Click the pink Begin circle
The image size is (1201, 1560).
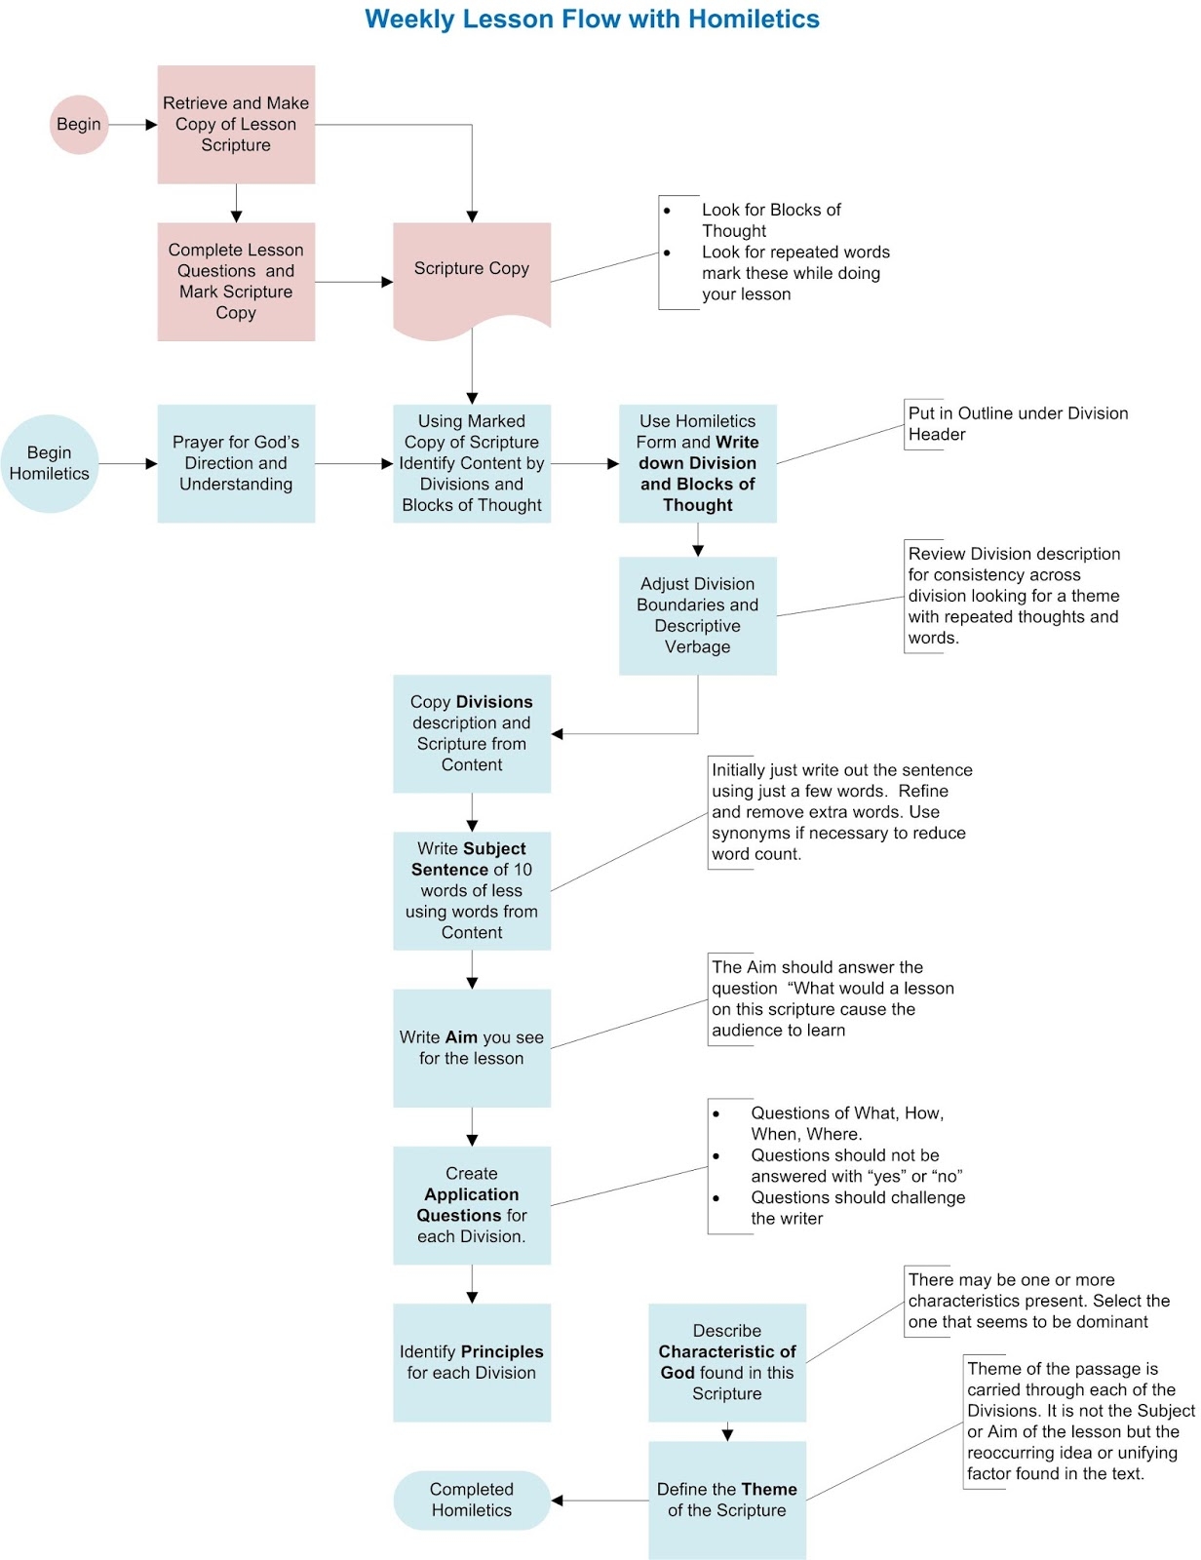[x=79, y=125]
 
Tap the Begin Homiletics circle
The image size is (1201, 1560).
[x=50, y=464]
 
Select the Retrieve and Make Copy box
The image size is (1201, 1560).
[x=236, y=125]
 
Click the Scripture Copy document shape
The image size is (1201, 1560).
[x=472, y=274]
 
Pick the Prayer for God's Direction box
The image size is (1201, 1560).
[x=236, y=464]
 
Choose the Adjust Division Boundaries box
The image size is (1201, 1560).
[x=698, y=615]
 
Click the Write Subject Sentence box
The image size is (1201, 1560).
[x=472, y=890]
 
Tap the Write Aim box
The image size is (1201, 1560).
[x=472, y=1048]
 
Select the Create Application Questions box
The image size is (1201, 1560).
[x=472, y=1205]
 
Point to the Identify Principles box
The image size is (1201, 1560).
[x=472, y=1362]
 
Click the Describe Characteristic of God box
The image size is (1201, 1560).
[x=727, y=1362]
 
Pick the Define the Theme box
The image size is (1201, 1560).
[x=727, y=1500]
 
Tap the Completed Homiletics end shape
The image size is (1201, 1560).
[x=472, y=1500]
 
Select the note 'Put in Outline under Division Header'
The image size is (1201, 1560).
[x=1018, y=424]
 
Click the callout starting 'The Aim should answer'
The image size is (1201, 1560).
[x=833, y=998]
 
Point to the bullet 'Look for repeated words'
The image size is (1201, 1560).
[x=794, y=273]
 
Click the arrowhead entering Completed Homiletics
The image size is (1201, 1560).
[x=558, y=1500]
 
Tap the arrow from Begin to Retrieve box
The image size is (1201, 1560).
[x=133, y=125]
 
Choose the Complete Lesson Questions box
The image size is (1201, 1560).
[x=236, y=282]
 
